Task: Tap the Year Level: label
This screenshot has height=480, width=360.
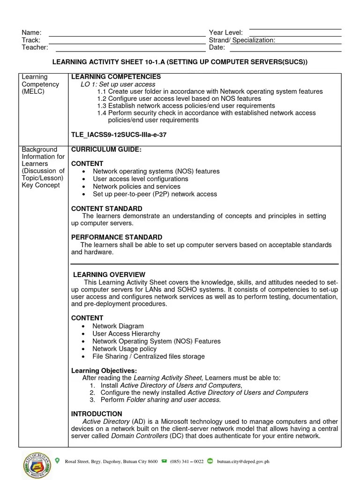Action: point(225,32)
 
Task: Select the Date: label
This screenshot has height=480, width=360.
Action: point(217,47)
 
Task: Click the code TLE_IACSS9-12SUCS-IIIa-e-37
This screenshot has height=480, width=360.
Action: point(119,135)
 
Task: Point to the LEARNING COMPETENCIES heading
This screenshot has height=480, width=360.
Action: point(116,76)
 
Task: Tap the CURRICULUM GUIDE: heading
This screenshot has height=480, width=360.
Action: point(106,150)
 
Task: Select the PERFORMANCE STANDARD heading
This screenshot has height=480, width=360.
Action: point(117,237)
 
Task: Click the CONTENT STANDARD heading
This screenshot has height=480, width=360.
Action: point(107,209)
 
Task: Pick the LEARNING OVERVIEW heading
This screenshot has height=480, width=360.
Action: point(109,275)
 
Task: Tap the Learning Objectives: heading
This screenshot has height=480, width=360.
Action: point(104,371)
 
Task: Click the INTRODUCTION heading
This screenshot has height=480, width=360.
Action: point(97,414)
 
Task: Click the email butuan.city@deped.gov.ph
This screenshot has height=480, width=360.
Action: point(243,462)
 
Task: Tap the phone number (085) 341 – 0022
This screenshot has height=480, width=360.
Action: point(187,462)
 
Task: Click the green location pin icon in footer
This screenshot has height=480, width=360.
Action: point(58,461)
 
